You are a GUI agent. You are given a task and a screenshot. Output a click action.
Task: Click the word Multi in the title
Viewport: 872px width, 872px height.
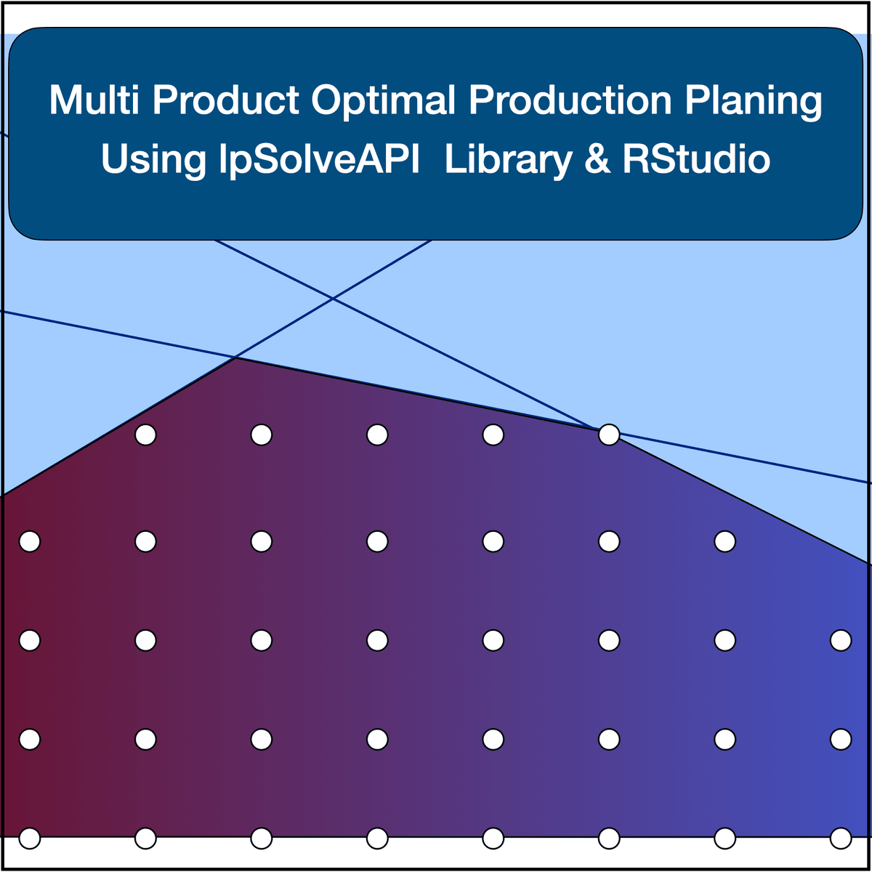point(94,100)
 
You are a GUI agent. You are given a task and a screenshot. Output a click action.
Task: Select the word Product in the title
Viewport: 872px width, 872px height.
point(225,100)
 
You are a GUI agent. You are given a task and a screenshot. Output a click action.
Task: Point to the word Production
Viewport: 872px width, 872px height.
point(570,100)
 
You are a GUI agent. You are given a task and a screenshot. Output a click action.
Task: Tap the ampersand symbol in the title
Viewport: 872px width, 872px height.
point(597,159)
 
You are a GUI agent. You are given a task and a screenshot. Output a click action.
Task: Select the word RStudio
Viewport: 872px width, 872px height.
point(696,159)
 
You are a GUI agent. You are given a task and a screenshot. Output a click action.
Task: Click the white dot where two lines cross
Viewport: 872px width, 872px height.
point(609,435)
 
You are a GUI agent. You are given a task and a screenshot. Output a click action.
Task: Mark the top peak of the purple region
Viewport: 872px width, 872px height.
point(235,358)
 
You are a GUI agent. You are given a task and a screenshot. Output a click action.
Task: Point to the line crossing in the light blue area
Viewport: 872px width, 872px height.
point(333,298)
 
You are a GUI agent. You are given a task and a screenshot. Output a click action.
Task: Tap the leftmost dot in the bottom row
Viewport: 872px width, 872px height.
point(30,838)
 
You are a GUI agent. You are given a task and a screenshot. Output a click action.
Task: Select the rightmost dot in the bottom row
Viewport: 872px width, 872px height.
point(841,838)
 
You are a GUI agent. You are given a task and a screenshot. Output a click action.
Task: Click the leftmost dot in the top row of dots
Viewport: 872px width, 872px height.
point(146,435)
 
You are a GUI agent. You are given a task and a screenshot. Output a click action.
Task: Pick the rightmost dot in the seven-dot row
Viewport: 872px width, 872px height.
point(725,541)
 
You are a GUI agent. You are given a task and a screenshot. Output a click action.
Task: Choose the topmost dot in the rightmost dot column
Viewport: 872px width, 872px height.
point(841,640)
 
